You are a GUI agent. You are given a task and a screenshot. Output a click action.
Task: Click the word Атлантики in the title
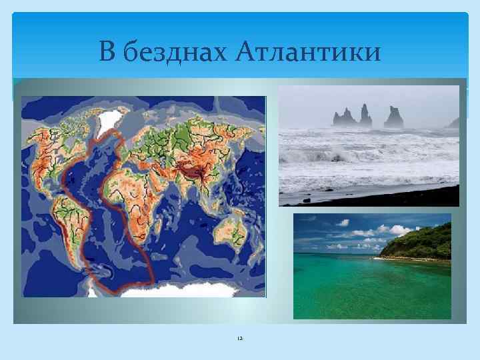[x=309, y=51]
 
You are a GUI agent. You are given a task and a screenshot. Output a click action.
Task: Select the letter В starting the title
[x=107, y=51]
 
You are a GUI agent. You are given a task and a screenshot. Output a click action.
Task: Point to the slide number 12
[x=239, y=339]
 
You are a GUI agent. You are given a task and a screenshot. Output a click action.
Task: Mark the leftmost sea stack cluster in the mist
[x=343, y=118]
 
